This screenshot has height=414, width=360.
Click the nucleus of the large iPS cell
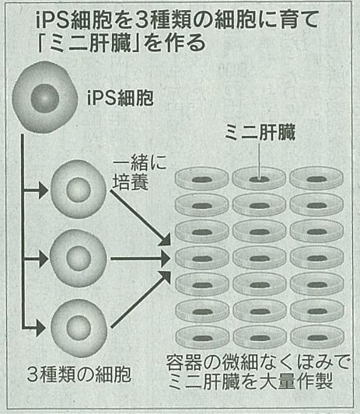tap(44, 99)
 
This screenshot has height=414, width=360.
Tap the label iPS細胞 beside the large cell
tap(121, 98)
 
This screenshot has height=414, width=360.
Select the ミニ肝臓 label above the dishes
tap(260, 132)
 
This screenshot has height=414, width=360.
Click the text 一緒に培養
tap(139, 172)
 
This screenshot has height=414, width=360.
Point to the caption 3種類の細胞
tap(79, 374)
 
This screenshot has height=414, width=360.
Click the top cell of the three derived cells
tap(79, 189)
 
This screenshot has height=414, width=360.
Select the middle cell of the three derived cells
tap(79, 258)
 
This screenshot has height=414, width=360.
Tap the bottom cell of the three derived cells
tap(79, 328)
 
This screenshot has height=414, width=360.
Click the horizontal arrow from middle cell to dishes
tap(141, 259)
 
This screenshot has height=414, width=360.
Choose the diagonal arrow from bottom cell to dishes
tap(141, 299)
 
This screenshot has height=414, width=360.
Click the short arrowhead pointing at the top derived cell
tap(43, 190)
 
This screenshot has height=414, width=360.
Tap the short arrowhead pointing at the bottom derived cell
tap(40, 329)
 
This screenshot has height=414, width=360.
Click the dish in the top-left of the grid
tap(202, 179)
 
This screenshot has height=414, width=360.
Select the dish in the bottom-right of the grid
tap(317, 337)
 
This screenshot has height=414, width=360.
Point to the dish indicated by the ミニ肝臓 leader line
tap(259, 179)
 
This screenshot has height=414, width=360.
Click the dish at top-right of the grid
tap(316, 179)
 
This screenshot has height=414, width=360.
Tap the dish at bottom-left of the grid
tap(202, 337)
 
